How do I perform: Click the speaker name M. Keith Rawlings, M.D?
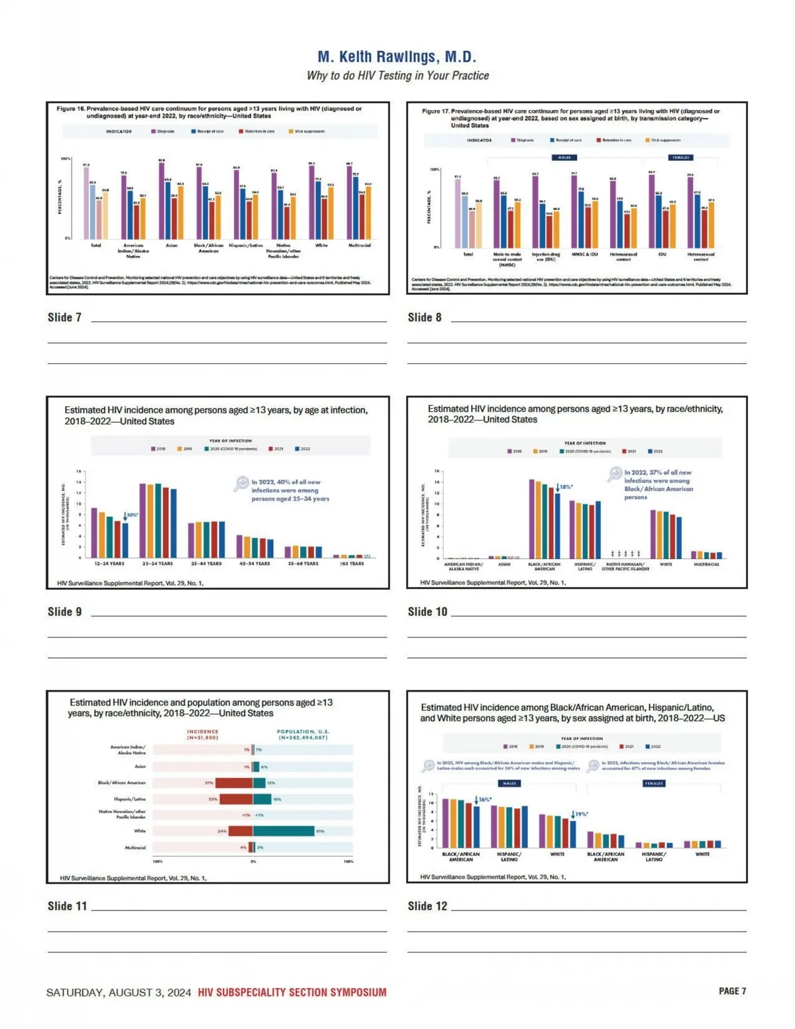(x=397, y=57)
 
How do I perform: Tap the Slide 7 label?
(x=64, y=317)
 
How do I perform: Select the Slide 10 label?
(x=427, y=612)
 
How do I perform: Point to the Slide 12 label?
(x=427, y=906)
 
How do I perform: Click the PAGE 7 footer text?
(x=732, y=991)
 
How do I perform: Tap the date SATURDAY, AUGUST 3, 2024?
(x=119, y=993)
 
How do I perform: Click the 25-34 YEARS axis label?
(x=158, y=564)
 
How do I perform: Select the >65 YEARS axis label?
(x=352, y=564)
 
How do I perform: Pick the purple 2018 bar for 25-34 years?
(x=142, y=520)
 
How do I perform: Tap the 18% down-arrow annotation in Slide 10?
(x=564, y=488)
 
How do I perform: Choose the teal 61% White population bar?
(x=284, y=831)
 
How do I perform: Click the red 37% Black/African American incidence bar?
(x=234, y=783)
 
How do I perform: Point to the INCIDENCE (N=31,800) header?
(x=202, y=734)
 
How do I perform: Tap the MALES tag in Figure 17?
(x=564, y=158)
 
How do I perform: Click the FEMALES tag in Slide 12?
(x=654, y=783)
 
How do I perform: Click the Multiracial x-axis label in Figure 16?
(x=360, y=245)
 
